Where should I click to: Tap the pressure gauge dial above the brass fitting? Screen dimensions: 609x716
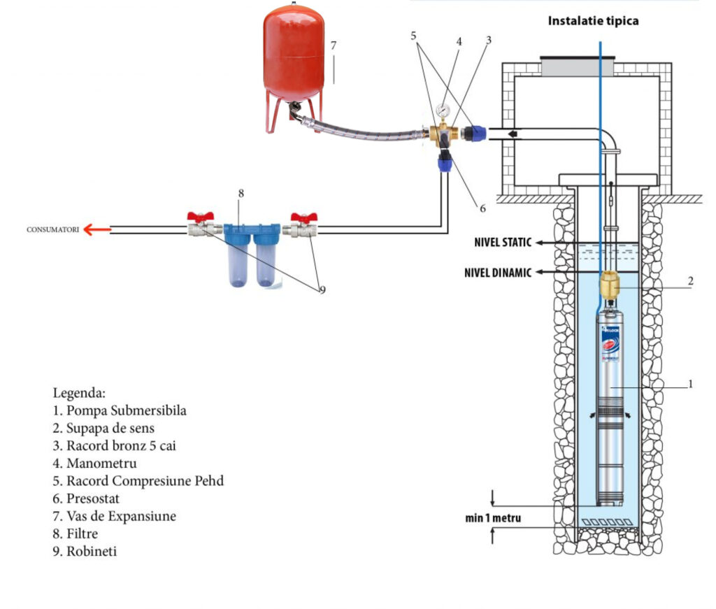pos(441,110)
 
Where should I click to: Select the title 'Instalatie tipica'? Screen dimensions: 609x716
pos(593,21)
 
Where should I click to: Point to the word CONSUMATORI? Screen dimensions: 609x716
pos(52,229)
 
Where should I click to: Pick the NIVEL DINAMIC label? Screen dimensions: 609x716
pos(497,273)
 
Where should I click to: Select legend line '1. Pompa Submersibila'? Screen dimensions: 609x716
pos(120,410)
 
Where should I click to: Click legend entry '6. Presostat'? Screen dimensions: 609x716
pos(94,499)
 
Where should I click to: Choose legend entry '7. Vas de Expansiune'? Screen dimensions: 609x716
pos(115,516)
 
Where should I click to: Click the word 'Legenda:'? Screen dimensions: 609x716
pos(79,393)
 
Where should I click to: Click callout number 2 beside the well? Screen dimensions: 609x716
pos(690,281)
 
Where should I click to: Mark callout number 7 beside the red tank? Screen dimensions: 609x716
pos(334,46)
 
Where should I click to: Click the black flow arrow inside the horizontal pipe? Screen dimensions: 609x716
pos(513,133)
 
